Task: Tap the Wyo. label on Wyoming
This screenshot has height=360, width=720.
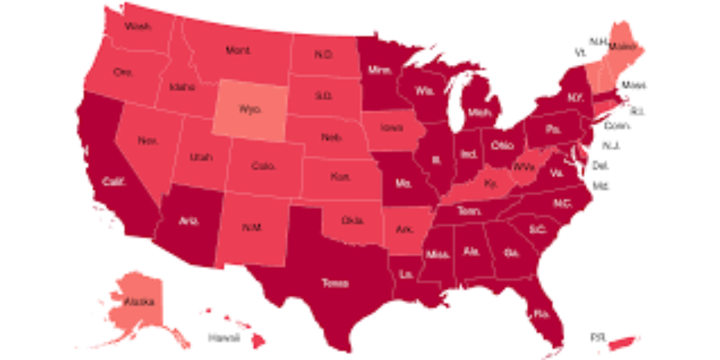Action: pyautogui.click(x=250, y=109)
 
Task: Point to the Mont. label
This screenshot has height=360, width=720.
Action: pyautogui.click(x=238, y=50)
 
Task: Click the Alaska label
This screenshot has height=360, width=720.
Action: pyautogui.click(x=139, y=302)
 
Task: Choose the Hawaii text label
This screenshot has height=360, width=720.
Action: pyautogui.click(x=224, y=338)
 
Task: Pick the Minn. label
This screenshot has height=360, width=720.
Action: pyautogui.click(x=380, y=70)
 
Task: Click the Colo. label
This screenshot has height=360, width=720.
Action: pyautogui.click(x=263, y=165)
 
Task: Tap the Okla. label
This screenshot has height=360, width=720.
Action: pyautogui.click(x=352, y=220)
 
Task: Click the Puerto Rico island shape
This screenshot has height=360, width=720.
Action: pyautogui.click(x=624, y=342)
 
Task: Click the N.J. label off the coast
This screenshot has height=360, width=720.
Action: pyautogui.click(x=612, y=146)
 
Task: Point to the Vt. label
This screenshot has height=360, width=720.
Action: pyautogui.click(x=580, y=53)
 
